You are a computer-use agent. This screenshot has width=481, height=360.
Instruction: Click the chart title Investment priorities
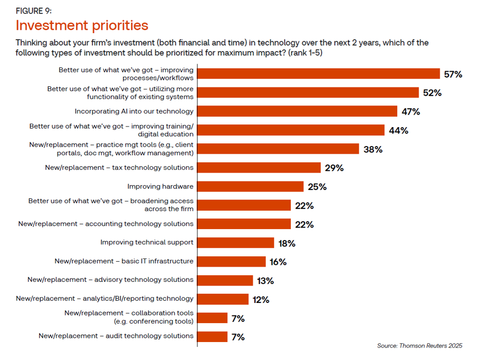tap(82, 25)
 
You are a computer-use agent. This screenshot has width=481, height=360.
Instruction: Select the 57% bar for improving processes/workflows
tap(318, 74)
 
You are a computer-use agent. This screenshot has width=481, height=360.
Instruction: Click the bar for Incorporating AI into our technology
tap(297, 111)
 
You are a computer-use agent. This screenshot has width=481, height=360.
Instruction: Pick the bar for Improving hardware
tap(251, 186)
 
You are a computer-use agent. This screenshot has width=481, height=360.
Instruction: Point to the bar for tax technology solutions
tap(259, 168)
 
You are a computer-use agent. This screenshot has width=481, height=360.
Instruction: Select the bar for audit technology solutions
tap(213, 337)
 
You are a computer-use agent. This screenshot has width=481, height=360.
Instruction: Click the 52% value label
tap(432, 93)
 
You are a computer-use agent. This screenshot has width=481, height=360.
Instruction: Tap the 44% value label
tap(398, 130)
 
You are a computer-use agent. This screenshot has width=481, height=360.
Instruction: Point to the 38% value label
tap(373, 149)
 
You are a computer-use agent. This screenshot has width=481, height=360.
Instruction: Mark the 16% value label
tap(278, 262)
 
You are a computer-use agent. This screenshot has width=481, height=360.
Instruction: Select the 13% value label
tap(266, 281)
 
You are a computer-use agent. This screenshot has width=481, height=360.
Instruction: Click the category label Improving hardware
tap(160, 186)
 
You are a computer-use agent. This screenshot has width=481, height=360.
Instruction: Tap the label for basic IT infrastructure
tap(124, 261)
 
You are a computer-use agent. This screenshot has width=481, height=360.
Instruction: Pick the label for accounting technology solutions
tap(106, 224)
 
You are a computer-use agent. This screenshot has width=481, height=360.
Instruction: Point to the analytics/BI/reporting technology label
tap(105, 299)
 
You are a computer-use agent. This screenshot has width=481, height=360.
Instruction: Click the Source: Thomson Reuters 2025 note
tap(420, 345)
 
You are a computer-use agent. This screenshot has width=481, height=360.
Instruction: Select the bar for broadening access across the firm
tap(244, 205)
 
